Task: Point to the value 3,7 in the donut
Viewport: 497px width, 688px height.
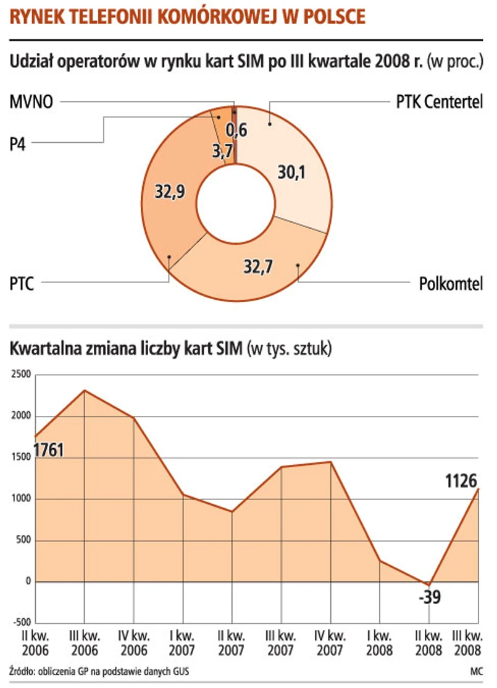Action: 222,152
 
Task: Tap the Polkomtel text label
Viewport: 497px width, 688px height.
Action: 451,284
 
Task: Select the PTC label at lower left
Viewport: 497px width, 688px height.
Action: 22,285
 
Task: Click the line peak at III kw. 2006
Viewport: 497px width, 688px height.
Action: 85,391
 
